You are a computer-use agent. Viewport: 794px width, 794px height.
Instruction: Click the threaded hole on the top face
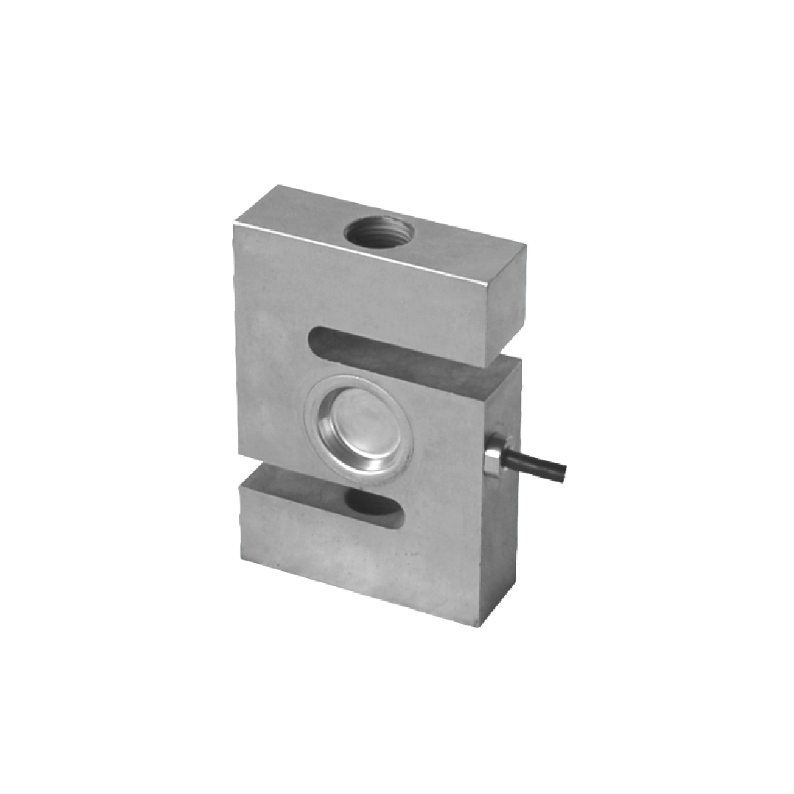click(x=378, y=233)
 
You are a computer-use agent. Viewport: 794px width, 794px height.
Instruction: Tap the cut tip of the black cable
click(x=562, y=472)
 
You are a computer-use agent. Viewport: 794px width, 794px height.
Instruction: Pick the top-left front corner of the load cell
click(x=235, y=225)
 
